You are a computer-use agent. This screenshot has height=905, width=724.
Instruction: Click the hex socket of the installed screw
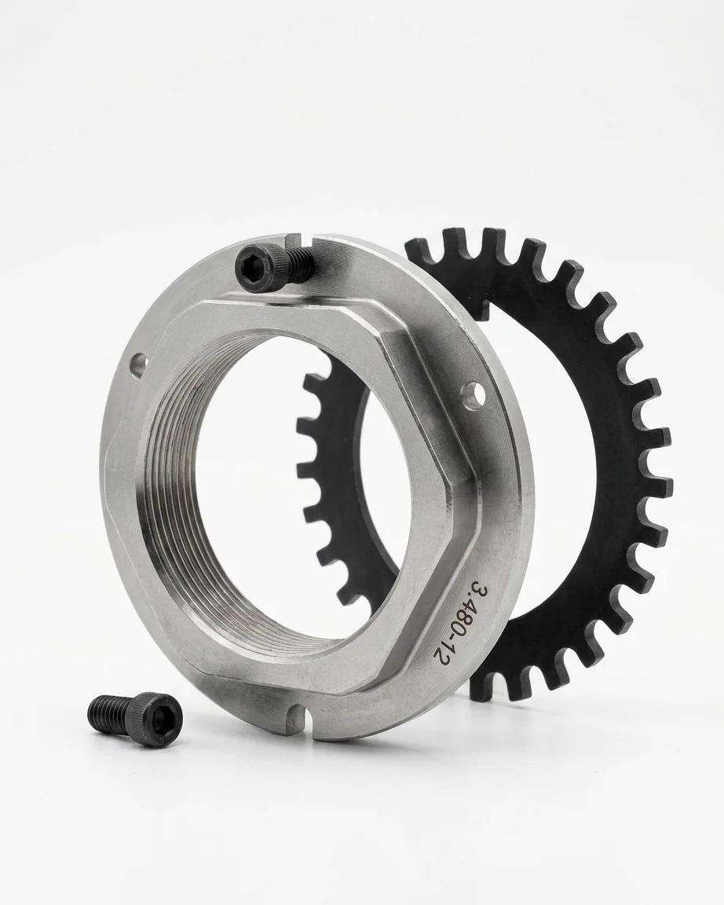(255, 266)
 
